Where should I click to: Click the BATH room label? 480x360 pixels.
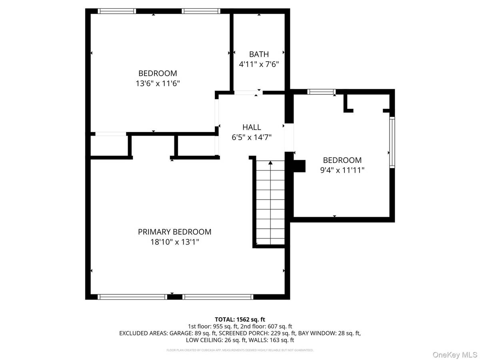[259, 54]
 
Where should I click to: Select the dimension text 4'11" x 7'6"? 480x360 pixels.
[259, 64]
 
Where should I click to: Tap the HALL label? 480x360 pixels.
[252, 127]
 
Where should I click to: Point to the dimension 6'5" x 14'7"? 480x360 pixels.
[252, 137]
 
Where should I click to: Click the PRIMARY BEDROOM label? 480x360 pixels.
[174, 232]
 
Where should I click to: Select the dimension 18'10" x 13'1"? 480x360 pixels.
[174, 242]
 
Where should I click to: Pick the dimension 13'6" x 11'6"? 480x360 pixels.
[158, 83]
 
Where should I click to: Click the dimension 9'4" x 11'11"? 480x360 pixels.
[342, 170]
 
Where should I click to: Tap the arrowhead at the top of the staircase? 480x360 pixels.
[270, 163]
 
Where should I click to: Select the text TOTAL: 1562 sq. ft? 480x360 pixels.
[240, 319]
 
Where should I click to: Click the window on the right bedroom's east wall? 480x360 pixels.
[392, 142]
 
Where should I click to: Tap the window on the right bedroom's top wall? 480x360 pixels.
[321, 92]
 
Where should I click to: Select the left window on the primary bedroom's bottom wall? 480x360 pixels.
[132, 297]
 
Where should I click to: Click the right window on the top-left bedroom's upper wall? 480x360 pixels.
[200, 11]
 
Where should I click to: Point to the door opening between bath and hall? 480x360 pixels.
[245, 93]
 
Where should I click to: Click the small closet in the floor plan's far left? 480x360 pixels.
[109, 146]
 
